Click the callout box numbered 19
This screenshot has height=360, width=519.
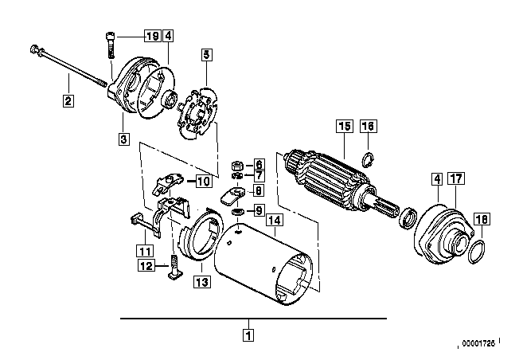[x=152, y=35]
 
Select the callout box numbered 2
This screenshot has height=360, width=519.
[x=68, y=100]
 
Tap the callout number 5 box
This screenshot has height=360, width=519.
[x=206, y=55]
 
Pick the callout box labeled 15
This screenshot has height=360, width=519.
[x=344, y=126]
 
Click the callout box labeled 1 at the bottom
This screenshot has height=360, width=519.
[x=248, y=335]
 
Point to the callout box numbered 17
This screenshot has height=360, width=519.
[x=456, y=178]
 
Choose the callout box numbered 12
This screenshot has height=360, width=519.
[x=146, y=265]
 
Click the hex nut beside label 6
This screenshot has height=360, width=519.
[x=237, y=165]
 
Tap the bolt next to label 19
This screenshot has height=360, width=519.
[x=111, y=45]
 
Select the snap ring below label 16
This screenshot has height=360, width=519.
[x=368, y=159]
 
